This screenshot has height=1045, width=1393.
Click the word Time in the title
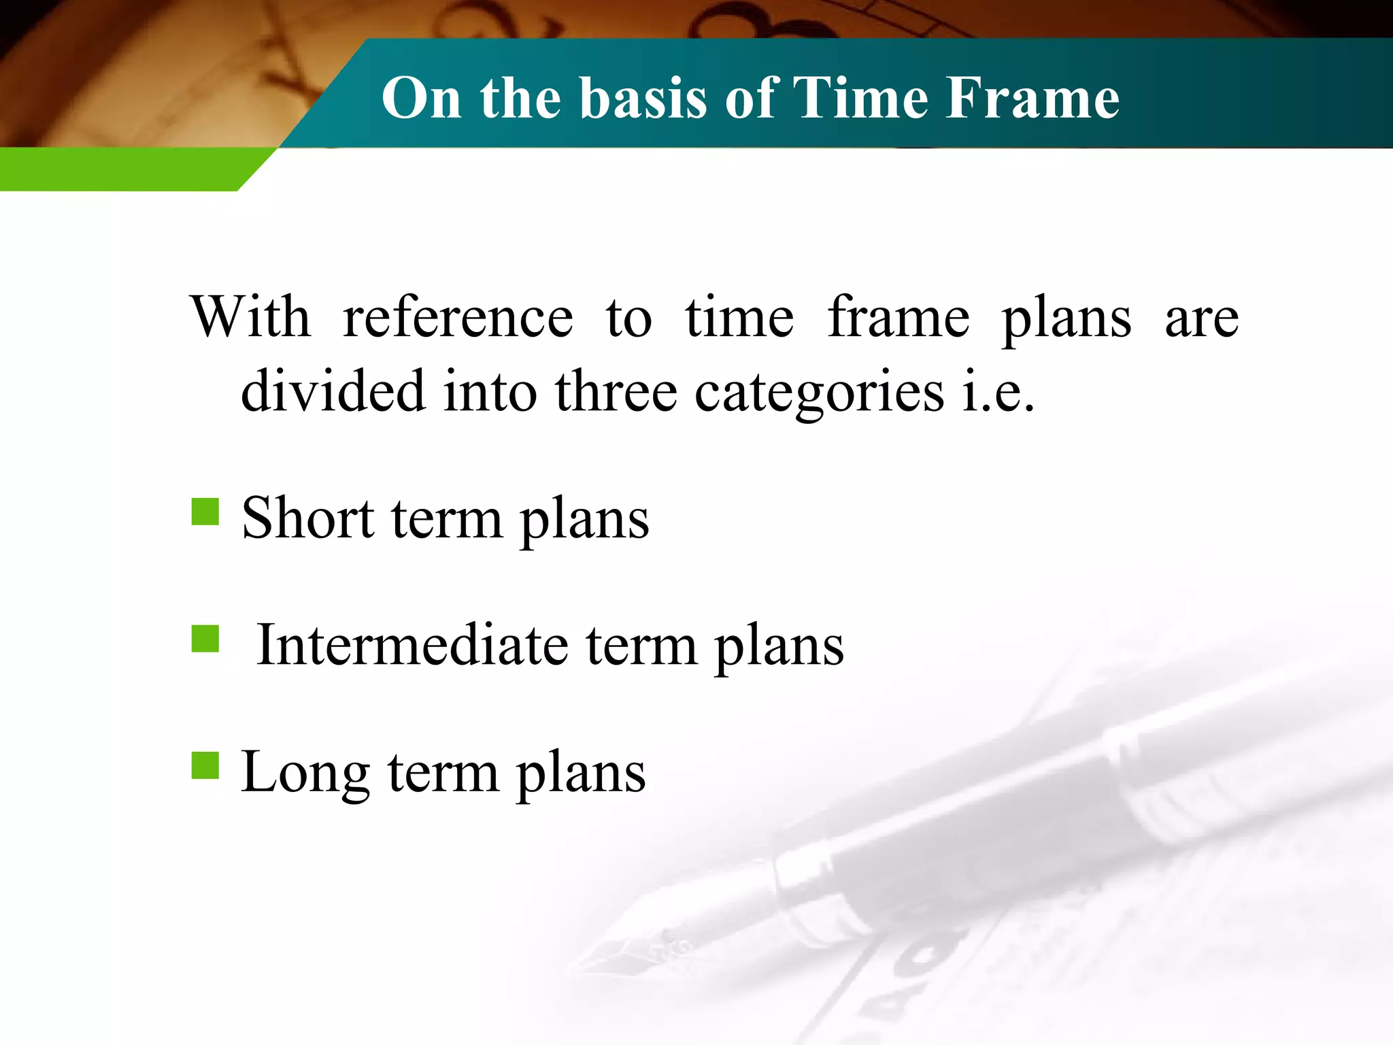click(860, 98)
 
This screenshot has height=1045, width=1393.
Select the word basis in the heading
click(643, 98)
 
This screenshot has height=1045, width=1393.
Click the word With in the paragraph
click(250, 317)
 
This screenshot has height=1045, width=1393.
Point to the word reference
click(458, 317)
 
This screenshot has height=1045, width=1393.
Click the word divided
click(333, 391)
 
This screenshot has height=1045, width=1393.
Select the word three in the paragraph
click(616, 391)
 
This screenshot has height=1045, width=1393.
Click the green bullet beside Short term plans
click(205, 512)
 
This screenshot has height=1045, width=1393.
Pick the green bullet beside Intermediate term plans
click(205, 639)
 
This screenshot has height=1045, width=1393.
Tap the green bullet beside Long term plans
click(205, 765)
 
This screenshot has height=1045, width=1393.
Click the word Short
click(307, 518)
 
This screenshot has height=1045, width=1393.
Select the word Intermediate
click(412, 645)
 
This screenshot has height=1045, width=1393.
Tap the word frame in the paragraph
click(898, 317)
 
